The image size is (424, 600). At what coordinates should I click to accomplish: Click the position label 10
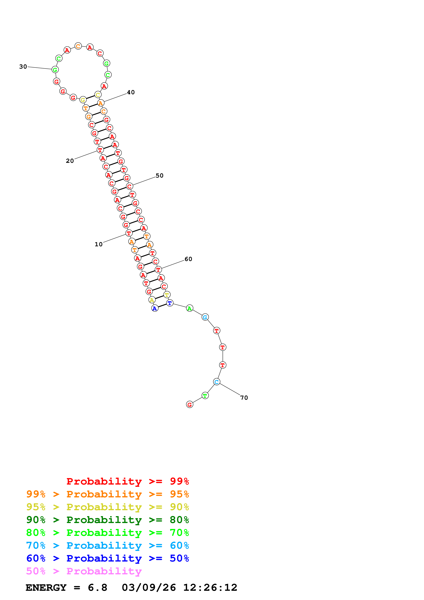click(99, 244)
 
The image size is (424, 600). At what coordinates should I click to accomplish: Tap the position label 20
click(70, 161)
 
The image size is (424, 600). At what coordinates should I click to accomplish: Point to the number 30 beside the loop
click(23, 67)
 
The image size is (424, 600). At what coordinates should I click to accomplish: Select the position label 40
click(131, 92)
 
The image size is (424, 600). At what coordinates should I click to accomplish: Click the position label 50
click(160, 176)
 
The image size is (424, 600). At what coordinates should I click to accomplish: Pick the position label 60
click(188, 259)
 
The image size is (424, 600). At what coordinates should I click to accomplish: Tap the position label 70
click(244, 398)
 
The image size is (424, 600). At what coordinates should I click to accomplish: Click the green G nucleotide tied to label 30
click(55, 70)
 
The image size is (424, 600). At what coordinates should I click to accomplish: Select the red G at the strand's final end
click(190, 405)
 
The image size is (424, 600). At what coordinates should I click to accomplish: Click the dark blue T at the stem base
click(170, 303)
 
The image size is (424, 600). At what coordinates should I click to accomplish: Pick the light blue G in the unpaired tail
click(205, 317)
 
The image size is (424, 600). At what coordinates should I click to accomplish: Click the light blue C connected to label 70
click(217, 382)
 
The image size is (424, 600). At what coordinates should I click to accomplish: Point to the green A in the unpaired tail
click(190, 308)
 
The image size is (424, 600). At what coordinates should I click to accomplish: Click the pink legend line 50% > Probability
click(84, 571)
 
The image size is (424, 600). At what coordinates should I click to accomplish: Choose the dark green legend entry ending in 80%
click(108, 520)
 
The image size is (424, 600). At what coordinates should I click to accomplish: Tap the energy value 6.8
click(97, 588)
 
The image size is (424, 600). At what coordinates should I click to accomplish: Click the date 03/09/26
click(149, 588)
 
